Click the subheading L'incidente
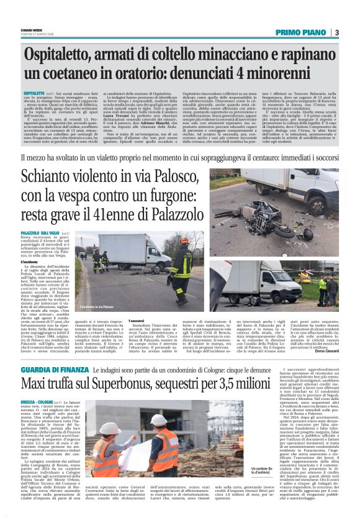(31, 262)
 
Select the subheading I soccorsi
(120, 320)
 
